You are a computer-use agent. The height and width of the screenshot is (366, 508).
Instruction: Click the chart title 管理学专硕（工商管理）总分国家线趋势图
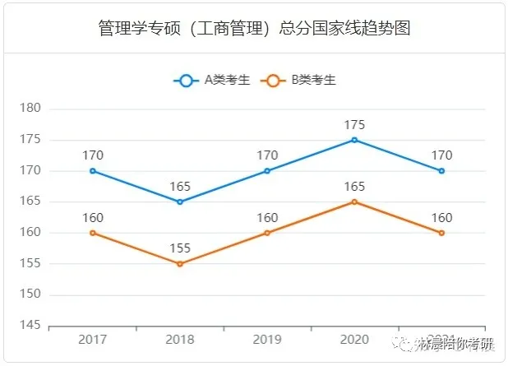pyautogui.click(x=253, y=29)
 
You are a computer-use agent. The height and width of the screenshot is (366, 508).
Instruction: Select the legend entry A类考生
pyautogui.click(x=212, y=80)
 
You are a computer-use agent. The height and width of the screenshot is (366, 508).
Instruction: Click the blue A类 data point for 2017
pyautogui.click(x=93, y=171)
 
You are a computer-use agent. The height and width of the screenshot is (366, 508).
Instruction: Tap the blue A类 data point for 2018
pyautogui.click(x=180, y=202)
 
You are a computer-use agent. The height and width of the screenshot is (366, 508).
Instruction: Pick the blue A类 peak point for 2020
pyautogui.click(x=354, y=140)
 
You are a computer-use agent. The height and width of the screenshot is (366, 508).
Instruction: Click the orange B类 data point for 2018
pyautogui.click(x=180, y=264)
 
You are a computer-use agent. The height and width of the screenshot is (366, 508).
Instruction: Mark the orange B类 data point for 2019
pyautogui.click(x=267, y=233)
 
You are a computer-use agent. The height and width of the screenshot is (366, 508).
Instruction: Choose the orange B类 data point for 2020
pyautogui.click(x=354, y=202)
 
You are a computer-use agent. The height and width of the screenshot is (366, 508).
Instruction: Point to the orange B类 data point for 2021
pyautogui.click(x=441, y=233)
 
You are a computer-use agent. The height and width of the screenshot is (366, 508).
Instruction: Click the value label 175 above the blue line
pyautogui.click(x=354, y=125)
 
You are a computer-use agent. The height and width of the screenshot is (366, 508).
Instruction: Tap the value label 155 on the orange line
pyautogui.click(x=180, y=248)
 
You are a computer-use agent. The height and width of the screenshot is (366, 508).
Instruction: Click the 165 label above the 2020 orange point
pyautogui.click(x=354, y=187)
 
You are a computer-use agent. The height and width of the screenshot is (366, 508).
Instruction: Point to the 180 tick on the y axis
pyautogui.click(x=30, y=109)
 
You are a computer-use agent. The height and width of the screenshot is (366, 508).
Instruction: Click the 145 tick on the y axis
pyautogui.click(x=30, y=326)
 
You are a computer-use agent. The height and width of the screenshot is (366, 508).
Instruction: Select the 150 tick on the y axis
pyautogui.click(x=30, y=294)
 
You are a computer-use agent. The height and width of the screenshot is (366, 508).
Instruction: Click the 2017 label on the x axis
pyautogui.click(x=93, y=340)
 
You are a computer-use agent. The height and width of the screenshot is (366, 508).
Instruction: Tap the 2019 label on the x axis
pyautogui.click(x=267, y=340)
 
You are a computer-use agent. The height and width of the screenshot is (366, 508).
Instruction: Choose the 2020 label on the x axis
pyautogui.click(x=354, y=340)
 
